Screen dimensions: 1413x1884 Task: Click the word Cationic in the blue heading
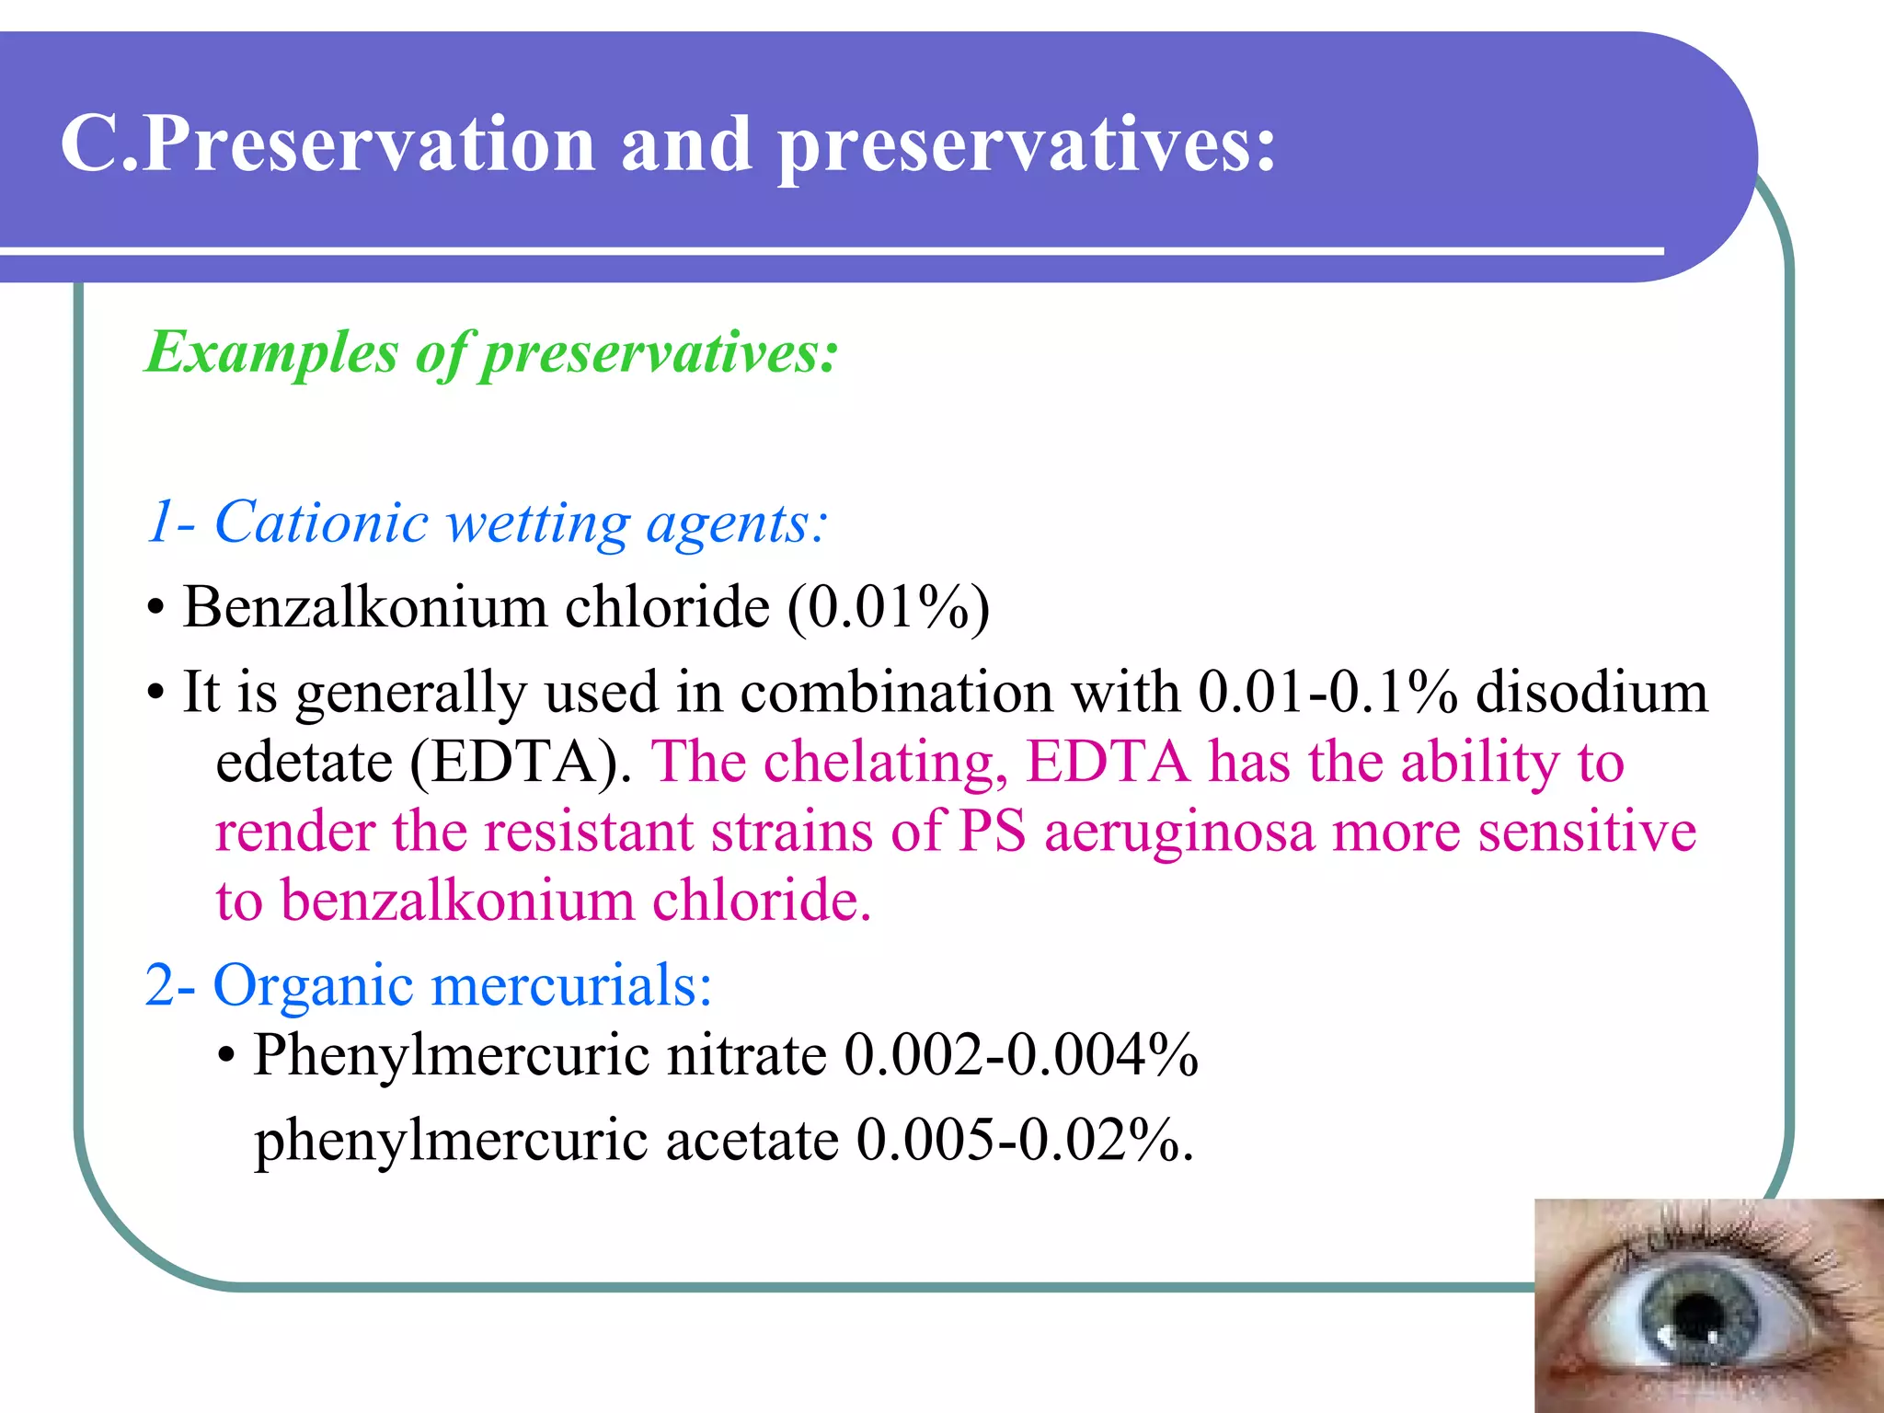[x=321, y=523]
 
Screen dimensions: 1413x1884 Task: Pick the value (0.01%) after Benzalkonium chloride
[x=888, y=608]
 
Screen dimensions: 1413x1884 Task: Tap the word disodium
[x=1591, y=692]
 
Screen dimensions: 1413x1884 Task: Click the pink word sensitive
[x=1587, y=832]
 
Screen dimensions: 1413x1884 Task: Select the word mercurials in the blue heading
[x=570, y=986]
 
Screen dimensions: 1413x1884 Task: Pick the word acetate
[x=752, y=1141]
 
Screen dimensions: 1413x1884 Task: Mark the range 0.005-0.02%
[x=1023, y=1141]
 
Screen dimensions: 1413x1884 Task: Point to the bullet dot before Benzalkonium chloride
[x=155, y=609]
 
